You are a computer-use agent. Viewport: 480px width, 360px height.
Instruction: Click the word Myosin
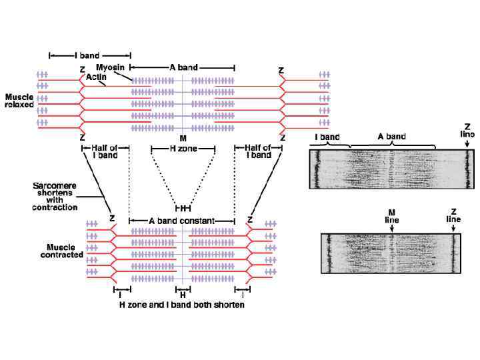(x=109, y=68)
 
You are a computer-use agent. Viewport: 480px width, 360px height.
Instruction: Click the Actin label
(x=97, y=77)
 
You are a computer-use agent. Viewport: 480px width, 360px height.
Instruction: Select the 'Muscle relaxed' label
(x=19, y=101)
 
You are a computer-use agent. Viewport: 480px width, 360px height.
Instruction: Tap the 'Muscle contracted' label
(x=61, y=251)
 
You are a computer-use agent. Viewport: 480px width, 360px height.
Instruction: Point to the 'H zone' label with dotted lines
(x=183, y=149)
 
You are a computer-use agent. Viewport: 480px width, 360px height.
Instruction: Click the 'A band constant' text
(x=182, y=220)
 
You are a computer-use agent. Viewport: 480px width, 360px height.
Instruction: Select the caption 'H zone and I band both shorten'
(x=181, y=305)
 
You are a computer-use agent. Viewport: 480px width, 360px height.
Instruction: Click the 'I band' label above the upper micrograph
(x=327, y=137)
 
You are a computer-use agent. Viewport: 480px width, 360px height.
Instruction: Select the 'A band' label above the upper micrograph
(x=391, y=137)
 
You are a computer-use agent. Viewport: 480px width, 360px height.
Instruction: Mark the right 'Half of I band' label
(x=258, y=151)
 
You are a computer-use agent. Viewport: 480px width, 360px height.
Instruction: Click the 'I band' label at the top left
(x=90, y=53)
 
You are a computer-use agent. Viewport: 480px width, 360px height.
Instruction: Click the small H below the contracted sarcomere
(x=182, y=294)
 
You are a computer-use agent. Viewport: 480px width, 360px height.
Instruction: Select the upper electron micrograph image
(x=392, y=169)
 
